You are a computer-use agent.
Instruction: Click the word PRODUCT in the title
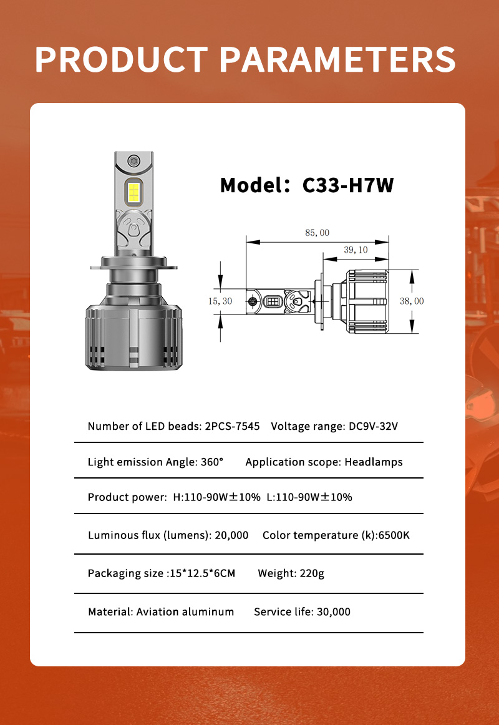coord(120,59)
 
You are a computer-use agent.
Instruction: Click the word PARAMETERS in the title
coord(337,59)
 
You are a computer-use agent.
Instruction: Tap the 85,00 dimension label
coord(317,233)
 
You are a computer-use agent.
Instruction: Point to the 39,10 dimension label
coord(356,250)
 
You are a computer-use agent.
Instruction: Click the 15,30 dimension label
coord(220,301)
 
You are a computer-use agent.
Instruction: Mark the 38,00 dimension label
coord(411,301)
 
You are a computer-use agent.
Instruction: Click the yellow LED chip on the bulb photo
coord(134,192)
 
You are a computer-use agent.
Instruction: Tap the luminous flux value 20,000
coord(231,535)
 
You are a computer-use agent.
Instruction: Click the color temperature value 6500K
coord(394,535)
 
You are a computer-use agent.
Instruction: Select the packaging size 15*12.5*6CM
coord(202,573)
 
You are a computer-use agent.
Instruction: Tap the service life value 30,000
coord(333,611)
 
